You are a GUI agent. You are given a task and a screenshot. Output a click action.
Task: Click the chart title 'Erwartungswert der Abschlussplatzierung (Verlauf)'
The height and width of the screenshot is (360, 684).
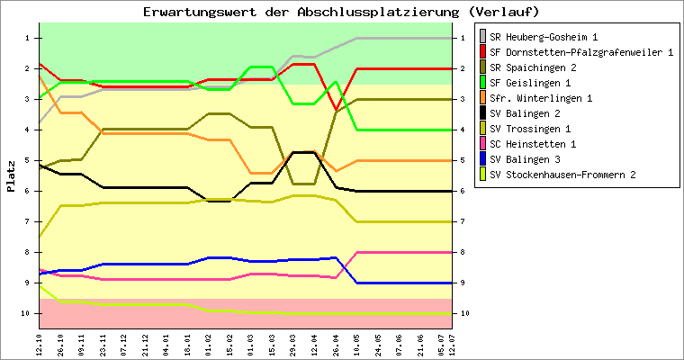pos(341,12)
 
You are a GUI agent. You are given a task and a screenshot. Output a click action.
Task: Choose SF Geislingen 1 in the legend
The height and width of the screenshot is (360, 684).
pos(543,82)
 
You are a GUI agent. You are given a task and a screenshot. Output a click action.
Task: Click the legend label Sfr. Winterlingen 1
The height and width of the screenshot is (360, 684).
pos(548,97)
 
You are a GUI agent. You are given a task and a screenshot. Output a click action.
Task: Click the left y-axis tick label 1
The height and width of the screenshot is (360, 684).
pos(29,38)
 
